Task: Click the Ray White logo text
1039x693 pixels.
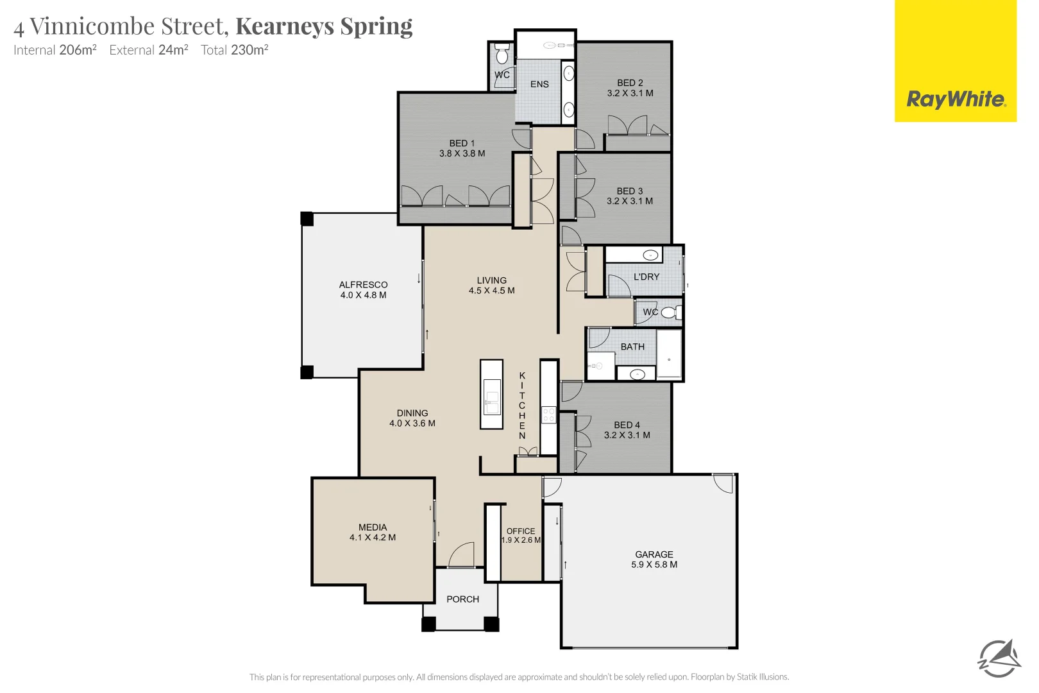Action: click(x=956, y=99)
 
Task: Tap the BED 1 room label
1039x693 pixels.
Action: click(x=462, y=148)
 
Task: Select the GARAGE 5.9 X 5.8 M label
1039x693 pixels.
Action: click(x=654, y=560)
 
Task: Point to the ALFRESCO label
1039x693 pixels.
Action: click(x=363, y=289)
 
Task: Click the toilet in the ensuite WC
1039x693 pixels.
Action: click(x=502, y=55)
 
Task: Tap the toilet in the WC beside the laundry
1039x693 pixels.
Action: click(x=670, y=312)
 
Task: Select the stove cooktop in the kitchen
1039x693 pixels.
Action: click(x=548, y=415)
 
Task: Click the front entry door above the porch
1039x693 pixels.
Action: click(x=461, y=556)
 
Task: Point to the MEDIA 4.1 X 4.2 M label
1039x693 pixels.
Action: click(x=373, y=533)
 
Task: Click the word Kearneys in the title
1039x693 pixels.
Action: click(x=285, y=26)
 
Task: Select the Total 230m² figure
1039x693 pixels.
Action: click(x=234, y=50)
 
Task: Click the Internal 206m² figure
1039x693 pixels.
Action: click(x=55, y=50)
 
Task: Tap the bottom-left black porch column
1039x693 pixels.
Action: click(x=428, y=624)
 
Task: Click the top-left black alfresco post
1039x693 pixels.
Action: click(x=307, y=219)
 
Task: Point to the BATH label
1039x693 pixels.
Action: click(x=632, y=346)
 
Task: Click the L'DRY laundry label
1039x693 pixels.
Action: click(x=646, y=277)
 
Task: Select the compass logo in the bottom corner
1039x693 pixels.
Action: click(x=999, y=658)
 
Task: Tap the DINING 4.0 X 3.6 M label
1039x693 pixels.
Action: click(x=412, y=418)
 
